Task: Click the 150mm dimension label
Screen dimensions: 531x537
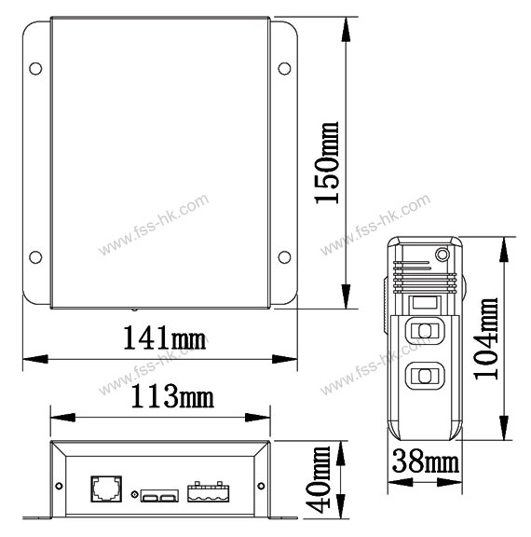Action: [x=327, y=163]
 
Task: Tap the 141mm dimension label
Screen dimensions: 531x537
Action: [x=165, y=337]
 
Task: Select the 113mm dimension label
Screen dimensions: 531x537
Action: [x=172, y=396]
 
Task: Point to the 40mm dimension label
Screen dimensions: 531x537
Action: [x=318, y=479]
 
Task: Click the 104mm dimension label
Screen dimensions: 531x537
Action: [x=485, y=338]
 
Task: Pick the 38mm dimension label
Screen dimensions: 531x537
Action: [x=425, y=461]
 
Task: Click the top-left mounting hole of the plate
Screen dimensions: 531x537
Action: [x=35, y=68]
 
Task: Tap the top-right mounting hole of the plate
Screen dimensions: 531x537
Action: [x=284, y=68]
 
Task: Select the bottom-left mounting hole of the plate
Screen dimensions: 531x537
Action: [x=35, y=257]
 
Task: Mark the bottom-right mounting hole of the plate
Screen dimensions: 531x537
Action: [x=284, y=257]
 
